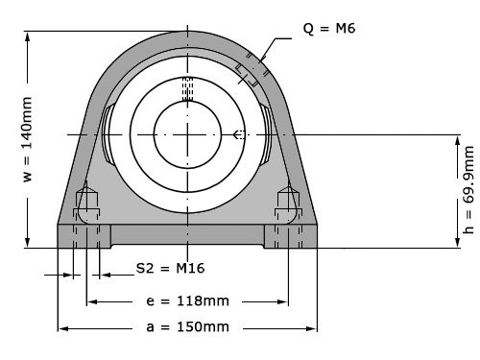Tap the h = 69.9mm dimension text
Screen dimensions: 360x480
468,190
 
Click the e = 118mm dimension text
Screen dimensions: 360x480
188,300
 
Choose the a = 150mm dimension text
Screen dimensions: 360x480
188,327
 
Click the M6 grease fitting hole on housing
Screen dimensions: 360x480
249,73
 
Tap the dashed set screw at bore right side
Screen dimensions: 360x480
239,133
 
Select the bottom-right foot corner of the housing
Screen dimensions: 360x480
316,248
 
